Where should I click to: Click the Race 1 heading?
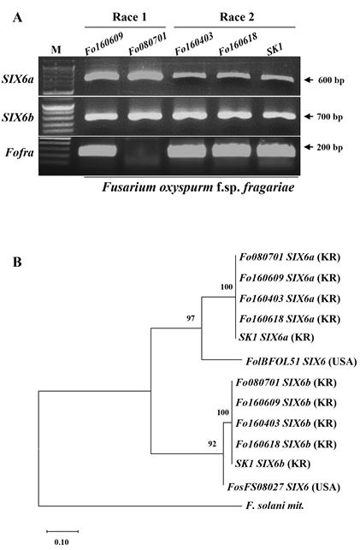coord(129,17)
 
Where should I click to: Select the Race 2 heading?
coord(237,17)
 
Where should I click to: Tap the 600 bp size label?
coord(331,80)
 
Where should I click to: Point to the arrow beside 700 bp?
coord(309,116)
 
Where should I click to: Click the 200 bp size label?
coord(330,147)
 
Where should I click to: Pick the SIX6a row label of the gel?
coord(18,79)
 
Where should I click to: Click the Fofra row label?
coord(20,152)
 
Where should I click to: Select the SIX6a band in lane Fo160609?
coord(102,76)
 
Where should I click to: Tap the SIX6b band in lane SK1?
coord(278,115)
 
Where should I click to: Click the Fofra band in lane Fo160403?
coord(187,151)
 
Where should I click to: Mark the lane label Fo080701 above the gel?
coord(148,44)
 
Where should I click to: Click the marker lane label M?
coord(56,50)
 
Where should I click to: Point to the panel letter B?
coord(17,262)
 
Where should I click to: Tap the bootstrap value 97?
coord(191,318)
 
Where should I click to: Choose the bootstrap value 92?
coord(212,444)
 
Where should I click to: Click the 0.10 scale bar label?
coord(62,541)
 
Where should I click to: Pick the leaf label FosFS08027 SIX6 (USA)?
coord(284,487)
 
